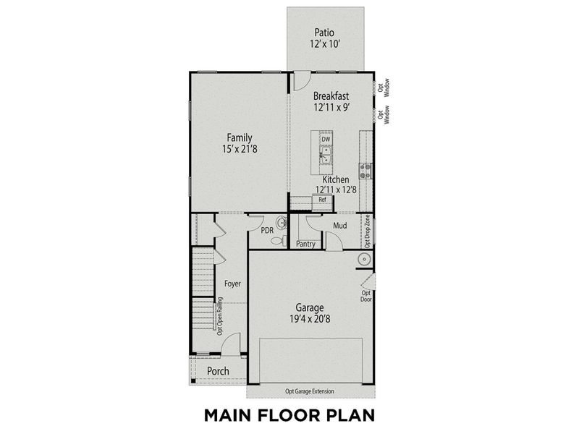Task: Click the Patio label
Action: pos(324,33)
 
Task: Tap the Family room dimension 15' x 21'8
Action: pos(239,150)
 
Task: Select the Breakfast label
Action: pos(331,95)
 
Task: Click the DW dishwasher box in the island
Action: pos(326,139)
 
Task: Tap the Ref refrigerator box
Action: pos(323,200)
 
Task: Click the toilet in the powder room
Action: pos(283,222)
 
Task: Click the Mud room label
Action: pos(339,226)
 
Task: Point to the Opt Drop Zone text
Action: pos(368,231)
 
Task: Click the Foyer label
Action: pos(232,284)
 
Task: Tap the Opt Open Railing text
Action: pos(219,315)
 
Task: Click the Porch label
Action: pos(218,371)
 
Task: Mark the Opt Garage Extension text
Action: pos(308,391)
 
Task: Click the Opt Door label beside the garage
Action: pos(366,296)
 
